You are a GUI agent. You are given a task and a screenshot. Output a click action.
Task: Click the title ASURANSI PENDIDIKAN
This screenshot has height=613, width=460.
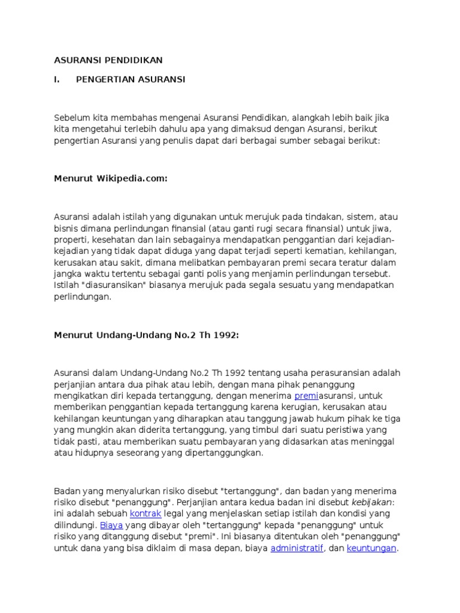[x=108, y=60]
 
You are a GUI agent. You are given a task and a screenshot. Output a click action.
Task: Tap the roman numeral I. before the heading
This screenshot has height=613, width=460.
[x=57, y=79]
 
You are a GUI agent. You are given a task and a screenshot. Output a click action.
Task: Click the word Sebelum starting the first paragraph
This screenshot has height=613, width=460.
[x=71, y=117]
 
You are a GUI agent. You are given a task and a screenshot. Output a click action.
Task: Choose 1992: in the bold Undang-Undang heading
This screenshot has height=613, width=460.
[x=226, y=335]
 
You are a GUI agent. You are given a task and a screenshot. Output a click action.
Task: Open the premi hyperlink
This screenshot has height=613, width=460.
[x=305, y=396]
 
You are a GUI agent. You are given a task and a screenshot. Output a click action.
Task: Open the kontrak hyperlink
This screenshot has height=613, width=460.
[x=146, y=514]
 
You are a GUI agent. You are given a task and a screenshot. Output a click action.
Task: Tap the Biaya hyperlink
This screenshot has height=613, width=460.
[x=111, y=525]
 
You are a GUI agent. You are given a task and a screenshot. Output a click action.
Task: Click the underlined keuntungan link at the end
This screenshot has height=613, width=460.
[x=371, y=548]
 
